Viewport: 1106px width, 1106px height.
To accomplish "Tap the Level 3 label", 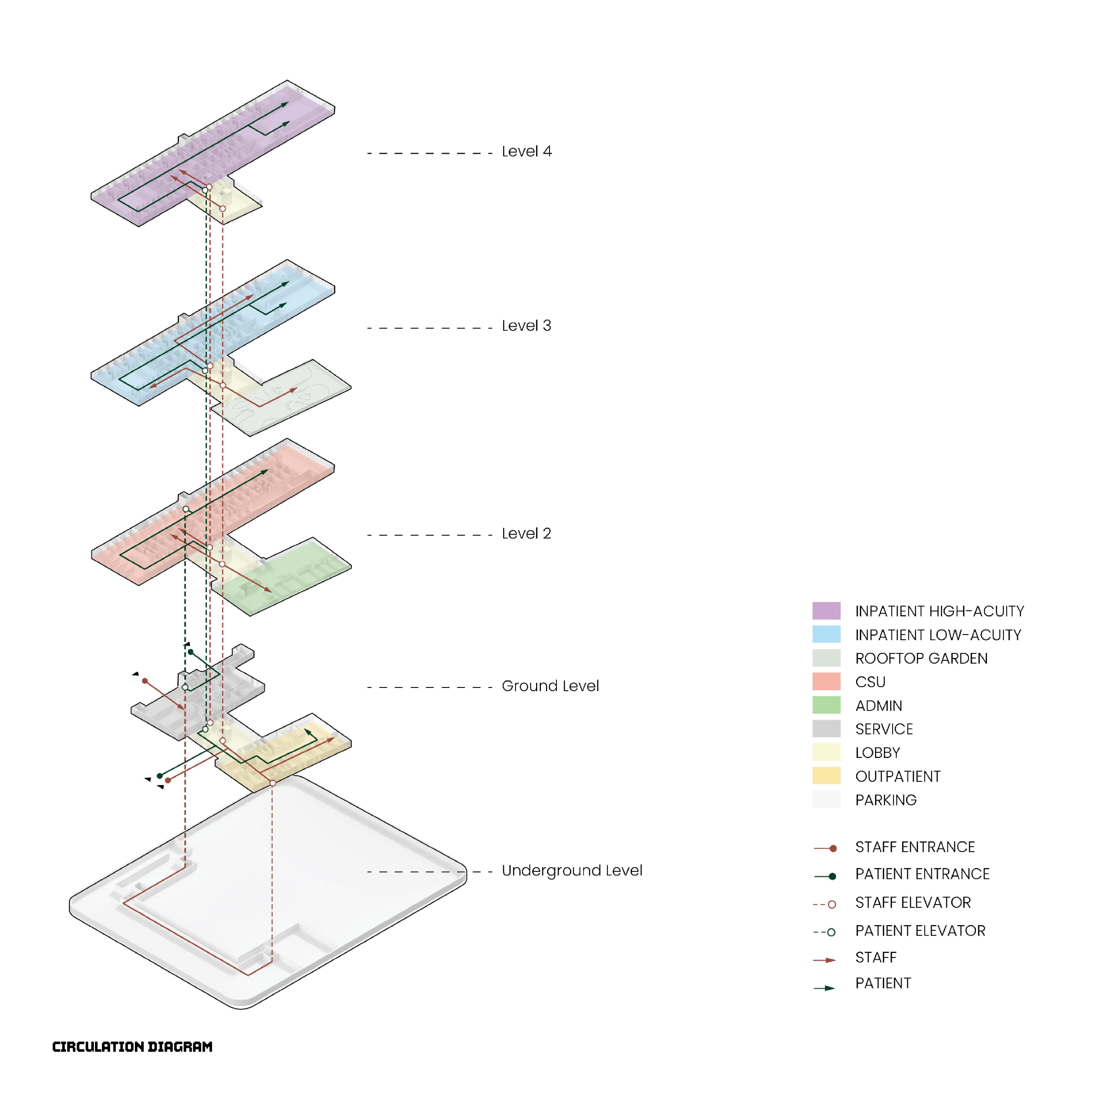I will click(526, 326).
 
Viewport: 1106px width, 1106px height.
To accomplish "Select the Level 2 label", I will click(526, 533).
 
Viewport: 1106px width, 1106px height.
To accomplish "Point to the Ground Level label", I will click(550, 686).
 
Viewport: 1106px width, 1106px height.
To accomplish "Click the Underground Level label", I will click(571, 871).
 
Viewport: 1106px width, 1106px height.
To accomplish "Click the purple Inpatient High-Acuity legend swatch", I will click(826, 611).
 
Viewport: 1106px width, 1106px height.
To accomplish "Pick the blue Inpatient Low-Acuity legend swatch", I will click(826, 634).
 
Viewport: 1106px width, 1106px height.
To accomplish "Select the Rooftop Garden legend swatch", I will click(826, 658).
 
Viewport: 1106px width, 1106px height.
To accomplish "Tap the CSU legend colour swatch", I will click(826, 681).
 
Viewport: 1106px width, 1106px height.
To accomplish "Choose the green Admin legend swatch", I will click(826, 705).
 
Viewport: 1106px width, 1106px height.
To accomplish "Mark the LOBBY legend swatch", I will click(826, 752).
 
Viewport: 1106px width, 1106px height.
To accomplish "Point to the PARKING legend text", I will click(886, 800).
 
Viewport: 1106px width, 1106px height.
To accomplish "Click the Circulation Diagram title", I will click(132, 1046).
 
